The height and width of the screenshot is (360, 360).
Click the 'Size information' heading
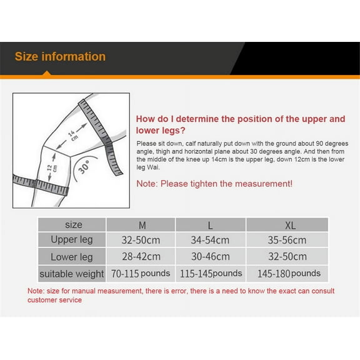pos(60,56)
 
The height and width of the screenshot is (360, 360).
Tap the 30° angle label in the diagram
pos(84,167)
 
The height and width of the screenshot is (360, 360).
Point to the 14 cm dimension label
pos(72,136)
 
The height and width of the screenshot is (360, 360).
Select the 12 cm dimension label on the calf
pos(52,168)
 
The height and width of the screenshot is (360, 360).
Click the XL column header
pos(290,226)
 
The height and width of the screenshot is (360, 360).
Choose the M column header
pos(142,226)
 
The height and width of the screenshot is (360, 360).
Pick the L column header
pos(210,226)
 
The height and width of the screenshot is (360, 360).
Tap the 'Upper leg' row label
pos(72,240)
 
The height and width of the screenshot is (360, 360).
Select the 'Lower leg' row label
pos(72,257)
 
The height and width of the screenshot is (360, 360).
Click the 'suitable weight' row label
pos(72,274)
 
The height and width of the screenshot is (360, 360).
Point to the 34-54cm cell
pos(210,241)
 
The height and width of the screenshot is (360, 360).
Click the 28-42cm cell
pos(141,257)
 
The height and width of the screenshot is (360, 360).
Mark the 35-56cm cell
pos(287,241)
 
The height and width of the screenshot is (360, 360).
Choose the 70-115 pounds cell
pos(141,274)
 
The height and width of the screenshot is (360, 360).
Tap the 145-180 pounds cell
pos(289,274)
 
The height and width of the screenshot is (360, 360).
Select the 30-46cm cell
pos(210,257)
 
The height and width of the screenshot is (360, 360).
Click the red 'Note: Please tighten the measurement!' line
pos(214,184)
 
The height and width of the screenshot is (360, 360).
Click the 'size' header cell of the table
pos(74,225)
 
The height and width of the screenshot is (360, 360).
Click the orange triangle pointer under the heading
pos(47,73)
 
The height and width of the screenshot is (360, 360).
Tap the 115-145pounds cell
pos(211,274)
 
